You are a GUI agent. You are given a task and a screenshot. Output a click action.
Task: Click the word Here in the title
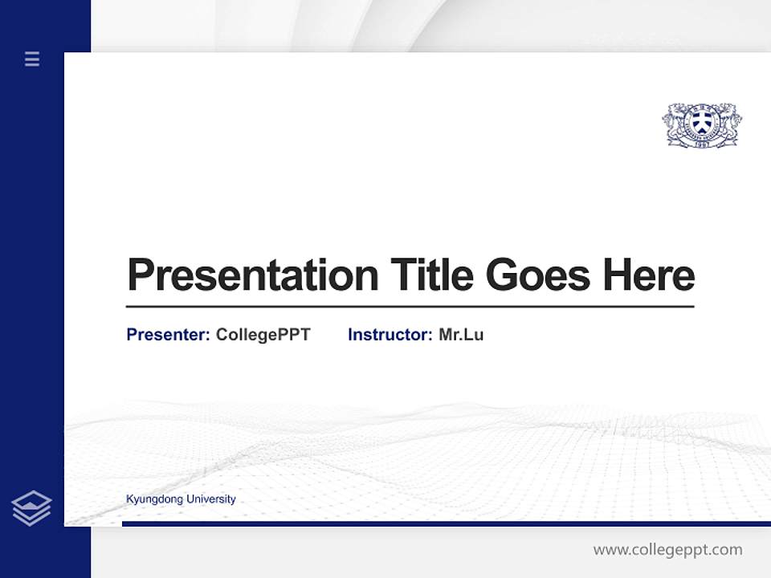pos(648,275)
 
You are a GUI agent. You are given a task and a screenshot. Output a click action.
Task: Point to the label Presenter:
pos(168,335)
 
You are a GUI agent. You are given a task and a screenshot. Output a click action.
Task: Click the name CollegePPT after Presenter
pos(263,335)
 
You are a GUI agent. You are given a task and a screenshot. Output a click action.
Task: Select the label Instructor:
pos(390,335)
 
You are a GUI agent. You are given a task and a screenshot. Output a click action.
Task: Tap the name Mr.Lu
pos(461,335)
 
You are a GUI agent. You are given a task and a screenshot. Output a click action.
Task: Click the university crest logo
pos(702,124)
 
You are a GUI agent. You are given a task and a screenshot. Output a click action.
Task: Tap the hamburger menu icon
pos(32,59)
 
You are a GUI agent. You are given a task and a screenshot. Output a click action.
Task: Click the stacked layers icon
pos(31,508)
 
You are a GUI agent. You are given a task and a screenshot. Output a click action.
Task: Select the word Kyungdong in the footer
pos(154,499)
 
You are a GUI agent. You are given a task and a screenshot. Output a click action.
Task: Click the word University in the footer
pos(210,499)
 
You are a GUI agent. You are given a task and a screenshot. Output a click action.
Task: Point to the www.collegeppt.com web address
pos(667,550)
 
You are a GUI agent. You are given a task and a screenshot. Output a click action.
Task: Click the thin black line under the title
pos(410,307)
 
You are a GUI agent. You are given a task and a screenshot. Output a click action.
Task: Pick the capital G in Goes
pos(502,275)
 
